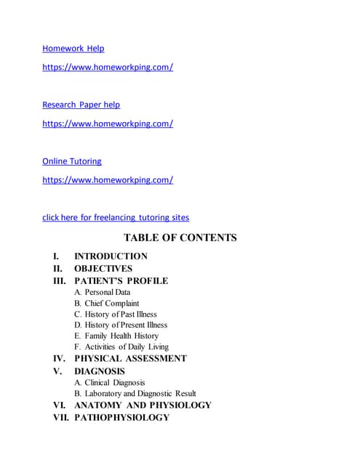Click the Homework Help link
click(x=73, y=49)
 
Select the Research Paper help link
click(x=81, y=105)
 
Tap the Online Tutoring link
click(x=71, y=161)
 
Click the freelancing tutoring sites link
click(x=116, y=217)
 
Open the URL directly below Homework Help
click(x=108, y=68)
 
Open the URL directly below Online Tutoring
click(x=108, y=180)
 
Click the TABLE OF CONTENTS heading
click(x=180, y=238)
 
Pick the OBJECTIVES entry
click(x=103, y=269)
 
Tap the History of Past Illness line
click(x=120, y=314)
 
